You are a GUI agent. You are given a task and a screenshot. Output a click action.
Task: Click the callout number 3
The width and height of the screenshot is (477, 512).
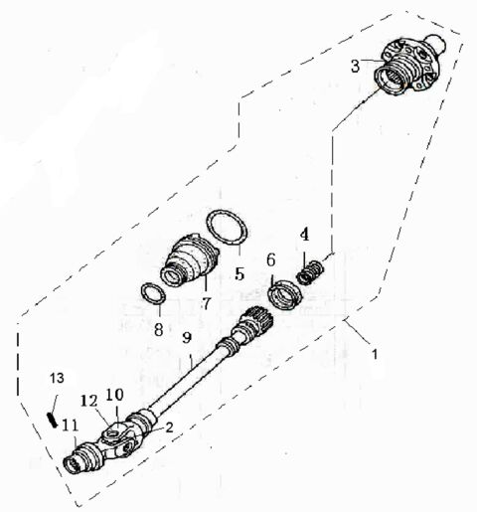(x=355, y=66)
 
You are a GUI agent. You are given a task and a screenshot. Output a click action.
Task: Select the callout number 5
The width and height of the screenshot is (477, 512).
(x=238, y=270)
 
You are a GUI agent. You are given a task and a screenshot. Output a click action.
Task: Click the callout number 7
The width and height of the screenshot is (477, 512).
(x=207, y=301)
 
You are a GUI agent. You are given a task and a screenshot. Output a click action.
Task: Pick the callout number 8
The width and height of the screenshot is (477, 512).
(x=158, y=329)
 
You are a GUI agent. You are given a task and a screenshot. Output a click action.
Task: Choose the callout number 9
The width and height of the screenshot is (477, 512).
(x=186, y=338)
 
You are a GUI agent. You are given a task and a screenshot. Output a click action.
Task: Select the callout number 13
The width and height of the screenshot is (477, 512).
(x=56, y=379)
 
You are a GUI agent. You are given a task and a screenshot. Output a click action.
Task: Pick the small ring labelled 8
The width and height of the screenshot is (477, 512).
(x=152, y=295)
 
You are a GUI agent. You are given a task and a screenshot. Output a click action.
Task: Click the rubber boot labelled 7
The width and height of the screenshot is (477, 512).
(x=189, y=257)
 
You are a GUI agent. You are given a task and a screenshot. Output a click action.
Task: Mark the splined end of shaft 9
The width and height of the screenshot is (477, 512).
(x=257, y=323)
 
